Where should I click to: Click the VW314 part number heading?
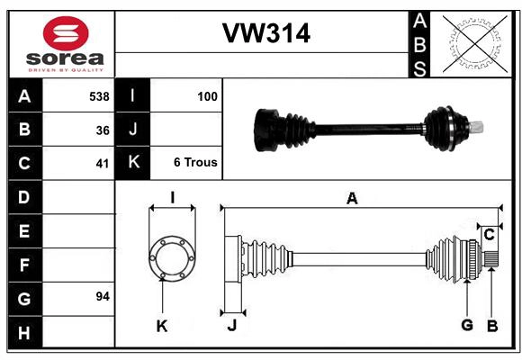(x=265, y=33)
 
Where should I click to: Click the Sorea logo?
(x=66, y=45)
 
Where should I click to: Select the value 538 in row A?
(x=99, y=96)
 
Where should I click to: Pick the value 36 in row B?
(x=103, y=130)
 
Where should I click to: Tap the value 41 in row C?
(x=103, y=164)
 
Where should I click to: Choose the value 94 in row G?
(x=103, y=296)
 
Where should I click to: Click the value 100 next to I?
(x=208, y=95)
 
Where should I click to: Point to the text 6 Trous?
(x=195, y=163)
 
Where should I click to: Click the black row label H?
(x=23, y=333)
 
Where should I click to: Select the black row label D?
(x=23, y=197)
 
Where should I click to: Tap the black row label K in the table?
(x=133, y=163)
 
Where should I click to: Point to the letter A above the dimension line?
(x=352, y=199)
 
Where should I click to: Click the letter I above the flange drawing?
(x=171, y=198)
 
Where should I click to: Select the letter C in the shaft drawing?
(x=489, y=235)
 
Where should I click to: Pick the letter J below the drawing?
(x=231, y=326)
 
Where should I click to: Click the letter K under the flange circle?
(x=162, y=326)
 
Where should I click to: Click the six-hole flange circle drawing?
(x=172, y=256)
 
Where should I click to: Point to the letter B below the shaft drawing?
(x=491, y=325)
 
